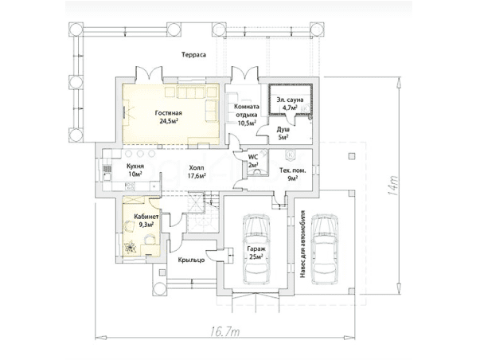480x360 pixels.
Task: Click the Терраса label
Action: [193, 55]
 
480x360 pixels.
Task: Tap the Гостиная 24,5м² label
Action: [169, 117]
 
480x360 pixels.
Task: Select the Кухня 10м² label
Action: [135, 170]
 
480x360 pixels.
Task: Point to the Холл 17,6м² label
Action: [197, 171]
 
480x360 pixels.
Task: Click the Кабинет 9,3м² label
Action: [146, 221]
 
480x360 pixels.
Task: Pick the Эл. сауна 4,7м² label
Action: [290, 104]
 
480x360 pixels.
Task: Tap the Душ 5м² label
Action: [283, 133]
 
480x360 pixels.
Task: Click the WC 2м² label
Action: [253, 161]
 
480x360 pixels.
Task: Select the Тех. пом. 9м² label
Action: [293, 174]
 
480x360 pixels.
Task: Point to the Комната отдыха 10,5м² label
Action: [247, 115]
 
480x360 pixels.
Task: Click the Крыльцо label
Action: [191, 260]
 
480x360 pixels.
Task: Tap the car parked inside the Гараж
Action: [256, 249]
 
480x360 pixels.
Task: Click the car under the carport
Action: [325, 249]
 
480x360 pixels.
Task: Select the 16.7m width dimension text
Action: [225, 332]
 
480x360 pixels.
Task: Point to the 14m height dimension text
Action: [392, 186]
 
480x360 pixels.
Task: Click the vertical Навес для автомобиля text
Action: [302, 245]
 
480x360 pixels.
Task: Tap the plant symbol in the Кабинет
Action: [131, 247]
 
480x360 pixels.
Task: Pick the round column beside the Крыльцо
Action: [159, 289]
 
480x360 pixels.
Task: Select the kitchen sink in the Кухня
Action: [107, 177]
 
